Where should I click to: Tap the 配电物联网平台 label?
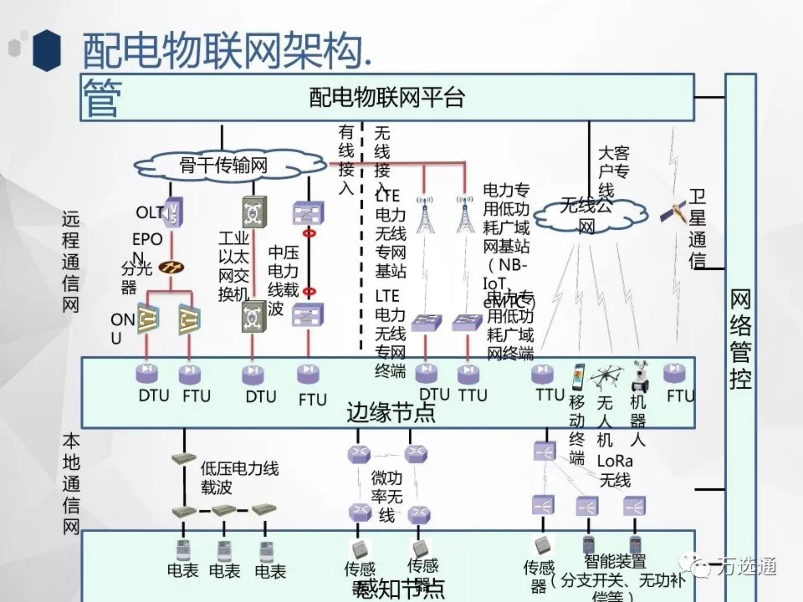387,97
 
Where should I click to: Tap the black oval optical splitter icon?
171,268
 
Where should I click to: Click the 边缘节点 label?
391,412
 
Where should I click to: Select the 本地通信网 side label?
71,484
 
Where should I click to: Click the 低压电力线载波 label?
239,478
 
